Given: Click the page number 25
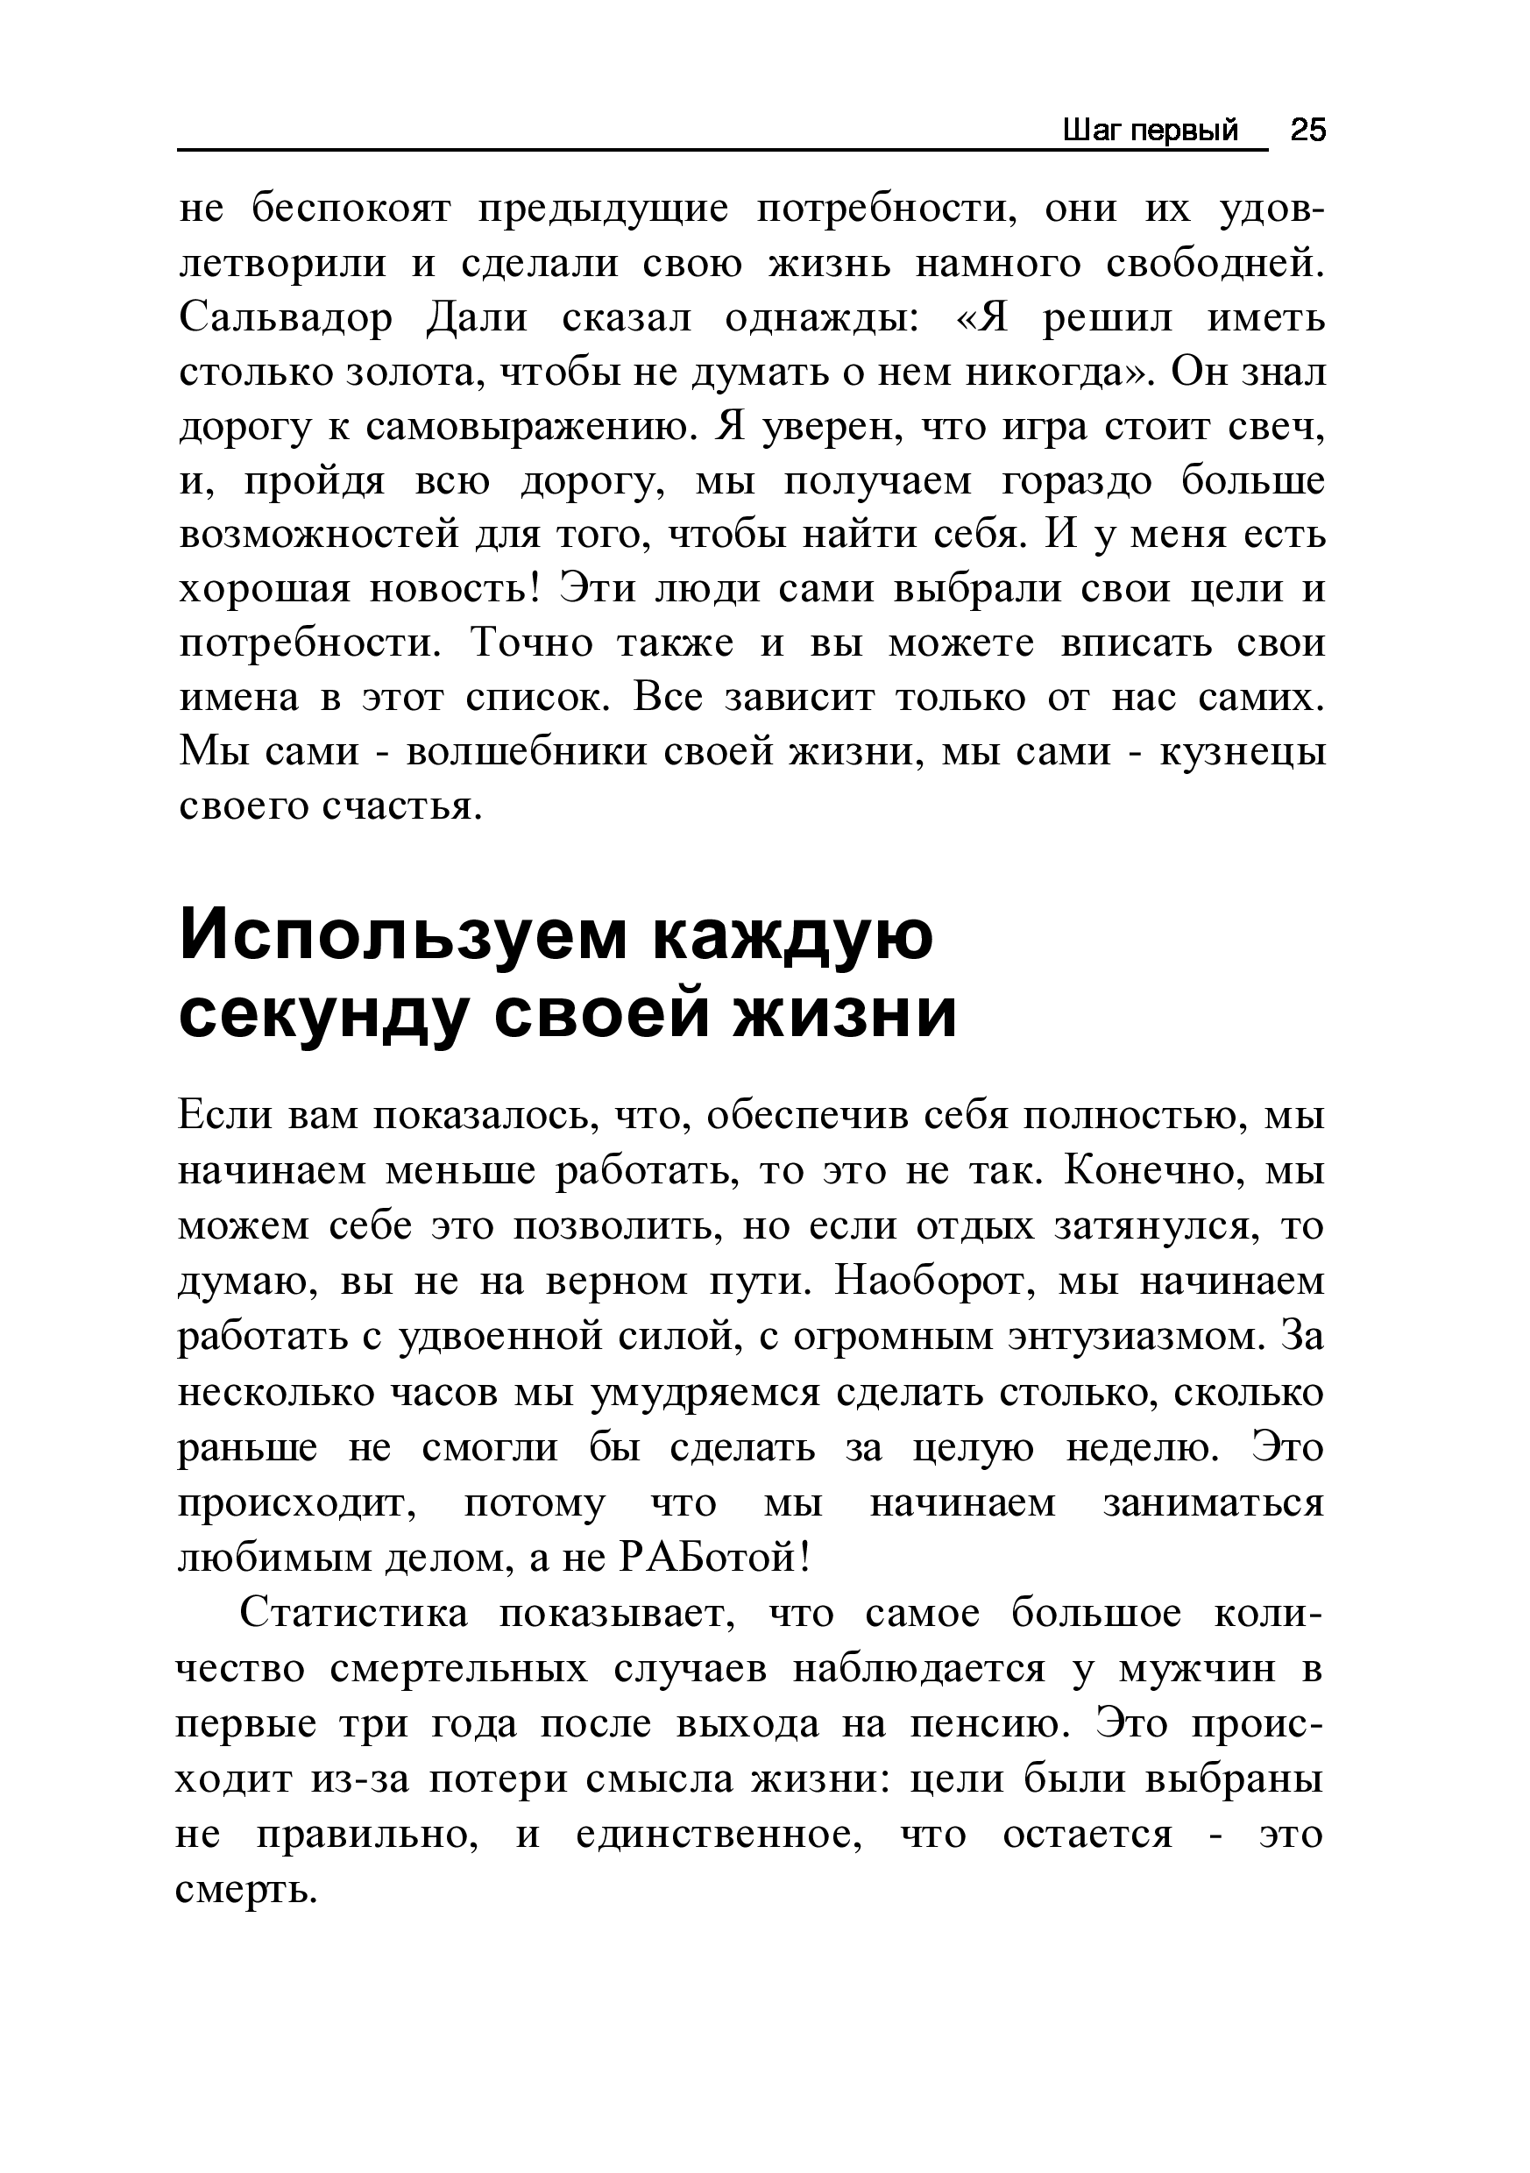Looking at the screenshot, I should point(1308,130).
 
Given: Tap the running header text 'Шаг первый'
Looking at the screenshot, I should point(1150,131).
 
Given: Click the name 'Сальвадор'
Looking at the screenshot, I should point(285,319).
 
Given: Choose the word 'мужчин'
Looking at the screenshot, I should point(1197,1669).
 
